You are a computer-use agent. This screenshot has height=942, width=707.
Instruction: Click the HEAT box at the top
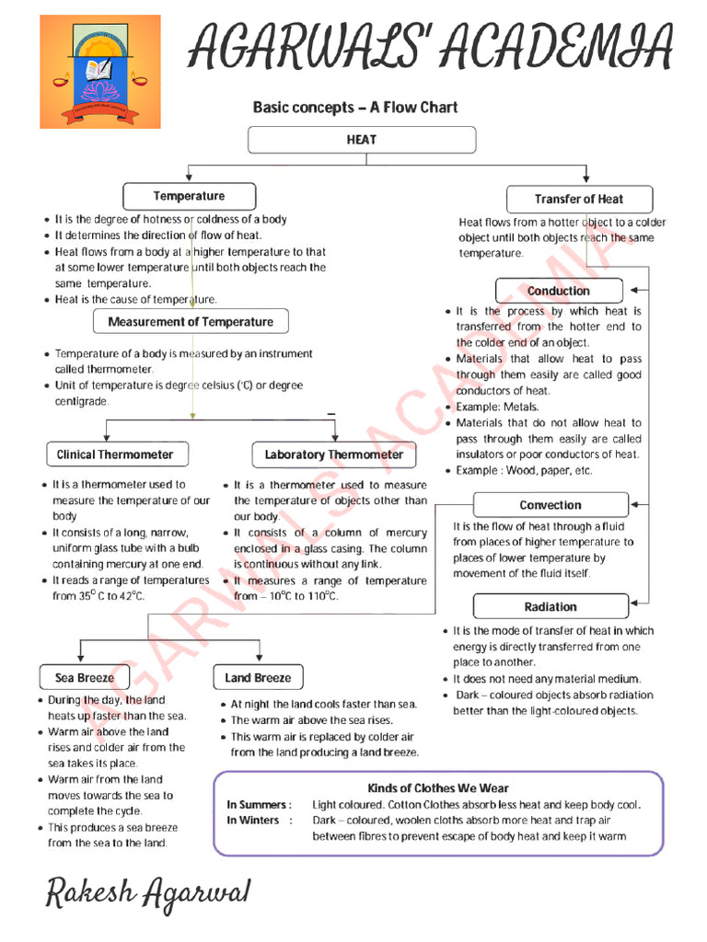362,140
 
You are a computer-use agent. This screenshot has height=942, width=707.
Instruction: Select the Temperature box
189,196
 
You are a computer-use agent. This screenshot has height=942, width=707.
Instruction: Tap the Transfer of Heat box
579,199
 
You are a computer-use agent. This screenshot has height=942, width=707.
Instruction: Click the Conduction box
559,291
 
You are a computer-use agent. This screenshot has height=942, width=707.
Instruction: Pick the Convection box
551,505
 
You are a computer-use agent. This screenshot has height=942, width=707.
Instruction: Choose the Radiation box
551,607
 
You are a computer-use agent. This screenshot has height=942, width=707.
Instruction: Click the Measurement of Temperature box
191,322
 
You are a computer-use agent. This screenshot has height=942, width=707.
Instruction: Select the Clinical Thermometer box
115,454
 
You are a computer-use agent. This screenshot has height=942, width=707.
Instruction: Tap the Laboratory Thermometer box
333,454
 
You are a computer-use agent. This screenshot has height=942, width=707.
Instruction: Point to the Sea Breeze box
85,678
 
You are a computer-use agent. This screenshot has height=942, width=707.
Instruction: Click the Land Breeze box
258,678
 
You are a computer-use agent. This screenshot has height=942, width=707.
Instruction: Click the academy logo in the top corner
100,71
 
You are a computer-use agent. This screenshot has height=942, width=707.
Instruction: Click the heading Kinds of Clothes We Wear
438,788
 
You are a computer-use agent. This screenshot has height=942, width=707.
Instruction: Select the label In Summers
259,805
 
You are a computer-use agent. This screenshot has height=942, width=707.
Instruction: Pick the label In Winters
255,821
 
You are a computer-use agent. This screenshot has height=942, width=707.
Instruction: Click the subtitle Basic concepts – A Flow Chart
355,108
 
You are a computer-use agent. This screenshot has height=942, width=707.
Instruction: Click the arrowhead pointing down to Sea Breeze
82,658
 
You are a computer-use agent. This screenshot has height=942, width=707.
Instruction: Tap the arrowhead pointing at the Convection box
635,504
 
